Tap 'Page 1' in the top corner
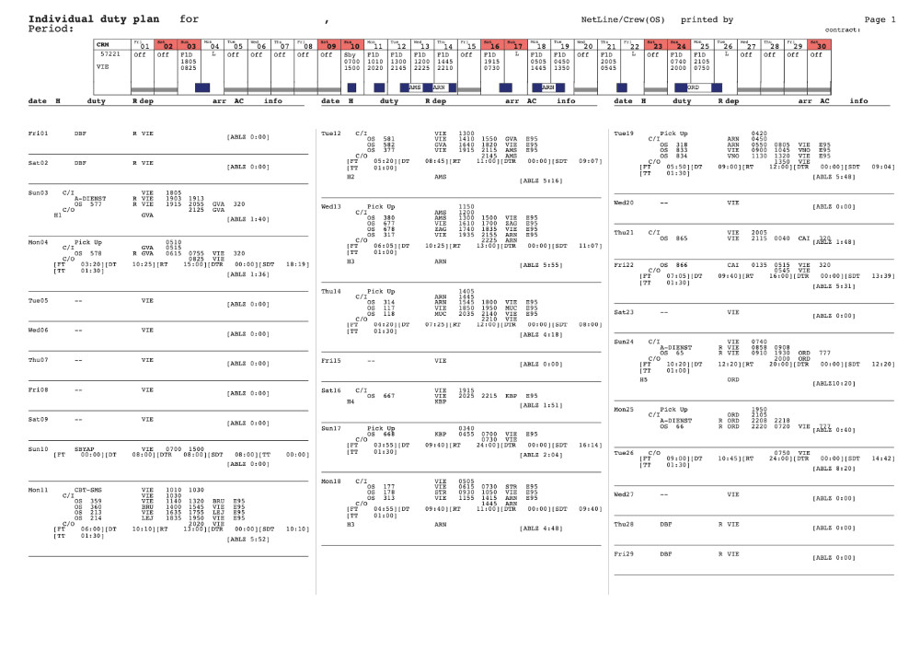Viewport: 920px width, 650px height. coord(880,18)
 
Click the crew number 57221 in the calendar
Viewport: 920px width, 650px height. coord(110,54)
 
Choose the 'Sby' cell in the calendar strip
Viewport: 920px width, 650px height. coord(350,54)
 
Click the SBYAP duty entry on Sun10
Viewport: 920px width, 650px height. coord(85,448)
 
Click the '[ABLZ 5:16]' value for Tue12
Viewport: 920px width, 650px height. coord(540,180)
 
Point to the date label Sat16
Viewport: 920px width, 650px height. coord(331,390)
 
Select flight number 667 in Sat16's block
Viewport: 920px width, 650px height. coord(388,396)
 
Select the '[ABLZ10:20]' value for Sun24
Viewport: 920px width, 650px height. coord(834,383)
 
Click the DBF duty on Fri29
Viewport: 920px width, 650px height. coord(665,554)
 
